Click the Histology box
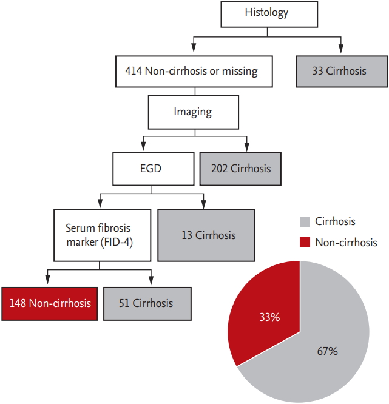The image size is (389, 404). (x=269, y=14)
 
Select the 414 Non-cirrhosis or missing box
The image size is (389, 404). (x=194, y=72)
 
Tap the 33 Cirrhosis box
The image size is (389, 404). (x=342, y=72)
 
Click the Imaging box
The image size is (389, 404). (x=194, y=112)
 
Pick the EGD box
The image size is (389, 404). (x=154, y=169)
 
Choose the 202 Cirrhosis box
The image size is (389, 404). (x=240, y=169)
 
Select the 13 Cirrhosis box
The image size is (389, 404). (x=206, y=235)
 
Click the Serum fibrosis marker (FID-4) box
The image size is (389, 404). (x=103, y=235)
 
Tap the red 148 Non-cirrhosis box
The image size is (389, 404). (x=50, y=304)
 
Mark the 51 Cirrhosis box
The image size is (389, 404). (x=147, y=304)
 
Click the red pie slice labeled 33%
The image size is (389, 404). (x=266, y=314)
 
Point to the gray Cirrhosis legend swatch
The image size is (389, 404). (x=305, y=221)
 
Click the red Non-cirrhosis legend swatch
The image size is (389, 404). (x=305, y=243)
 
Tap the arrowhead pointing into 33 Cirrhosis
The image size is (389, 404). (x=341, y=49)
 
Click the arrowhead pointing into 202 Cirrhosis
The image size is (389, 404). (x=247, y=147)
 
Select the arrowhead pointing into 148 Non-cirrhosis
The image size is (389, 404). (x=47, y=280)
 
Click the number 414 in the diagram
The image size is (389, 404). (x=134, y=71)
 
